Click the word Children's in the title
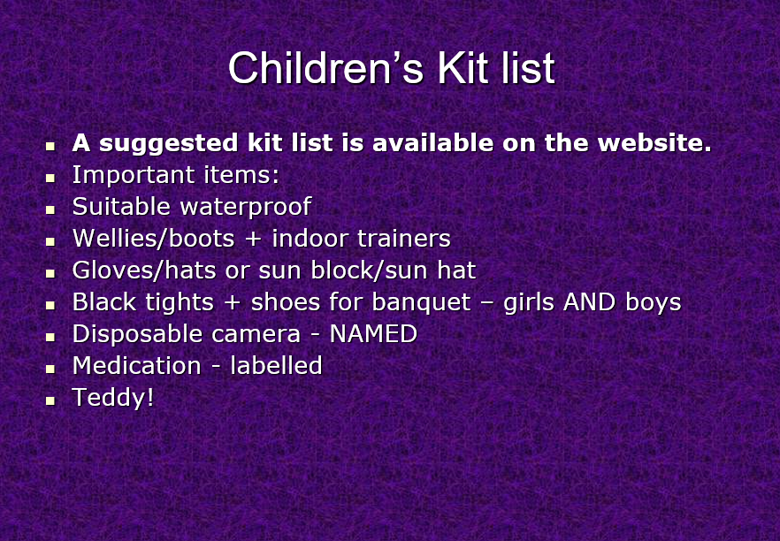(325, 67)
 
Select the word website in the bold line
(654, 143)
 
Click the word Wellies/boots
(153, 239)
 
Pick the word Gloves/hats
(144, 270)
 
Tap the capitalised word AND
(589, 302)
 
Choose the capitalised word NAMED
(373, 334)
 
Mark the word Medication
(137, 366)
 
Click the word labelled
(276, 366)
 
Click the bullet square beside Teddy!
(50, 400)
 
